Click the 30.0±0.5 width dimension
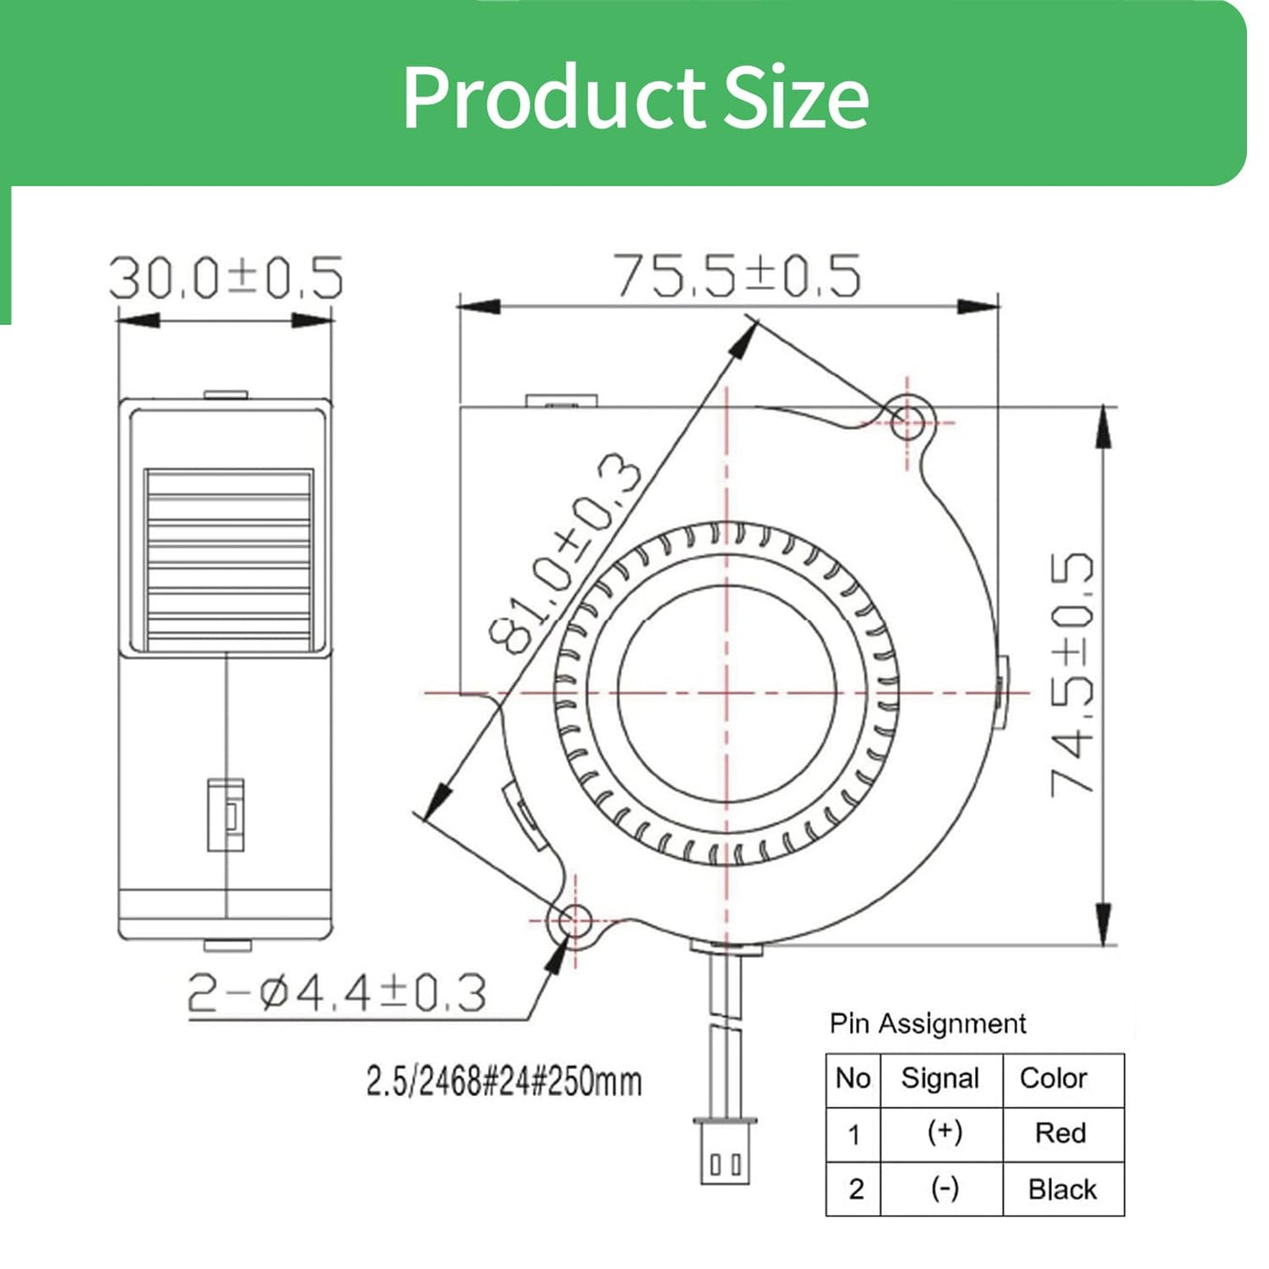point(226,278)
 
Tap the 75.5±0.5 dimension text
point(737,275)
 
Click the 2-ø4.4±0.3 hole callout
point(337,993)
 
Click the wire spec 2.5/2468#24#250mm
point(504,1082)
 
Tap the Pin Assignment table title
point(928,1023)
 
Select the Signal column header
point(940,1078)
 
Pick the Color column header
point(1053,1078)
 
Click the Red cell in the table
point(1060,1133)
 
